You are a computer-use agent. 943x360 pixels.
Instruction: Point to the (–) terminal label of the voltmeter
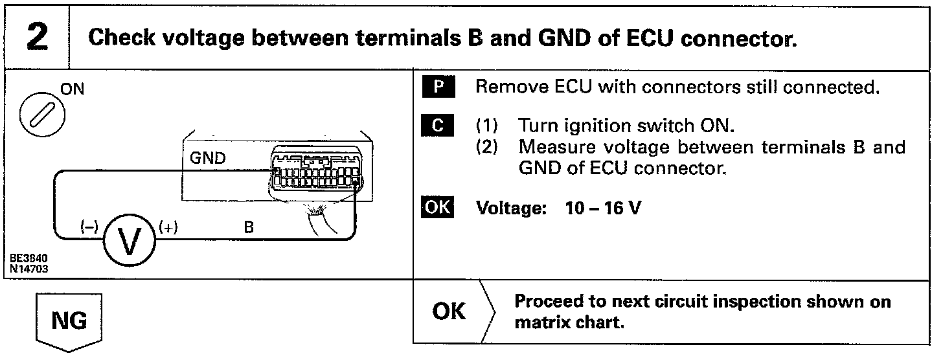(88, 227)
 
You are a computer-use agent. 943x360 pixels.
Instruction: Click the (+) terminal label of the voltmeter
(168, 227)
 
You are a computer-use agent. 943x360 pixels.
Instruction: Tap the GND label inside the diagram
(209, 159)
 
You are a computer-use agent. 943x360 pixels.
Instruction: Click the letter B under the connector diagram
(248, 228)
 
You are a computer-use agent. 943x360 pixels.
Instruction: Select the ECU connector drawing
(316, 174)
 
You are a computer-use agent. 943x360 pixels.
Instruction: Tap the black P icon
(438, 88)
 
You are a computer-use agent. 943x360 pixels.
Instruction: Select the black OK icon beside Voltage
(438, 208)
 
